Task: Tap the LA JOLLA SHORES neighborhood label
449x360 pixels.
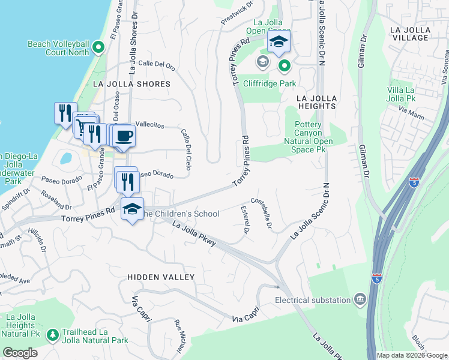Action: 131,84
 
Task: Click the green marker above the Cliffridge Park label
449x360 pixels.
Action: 284,65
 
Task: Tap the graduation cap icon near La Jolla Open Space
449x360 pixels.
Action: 278,42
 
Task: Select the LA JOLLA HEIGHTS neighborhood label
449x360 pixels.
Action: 316,102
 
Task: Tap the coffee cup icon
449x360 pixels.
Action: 124,135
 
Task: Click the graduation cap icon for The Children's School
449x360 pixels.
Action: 132,209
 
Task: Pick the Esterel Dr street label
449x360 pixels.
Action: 245,220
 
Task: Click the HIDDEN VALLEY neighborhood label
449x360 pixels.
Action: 161,277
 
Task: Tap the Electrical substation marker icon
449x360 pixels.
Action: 360,299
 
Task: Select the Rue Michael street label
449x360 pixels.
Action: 179,337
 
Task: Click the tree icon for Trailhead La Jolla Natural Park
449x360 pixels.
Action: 53,334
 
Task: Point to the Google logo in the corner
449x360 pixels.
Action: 20,353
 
